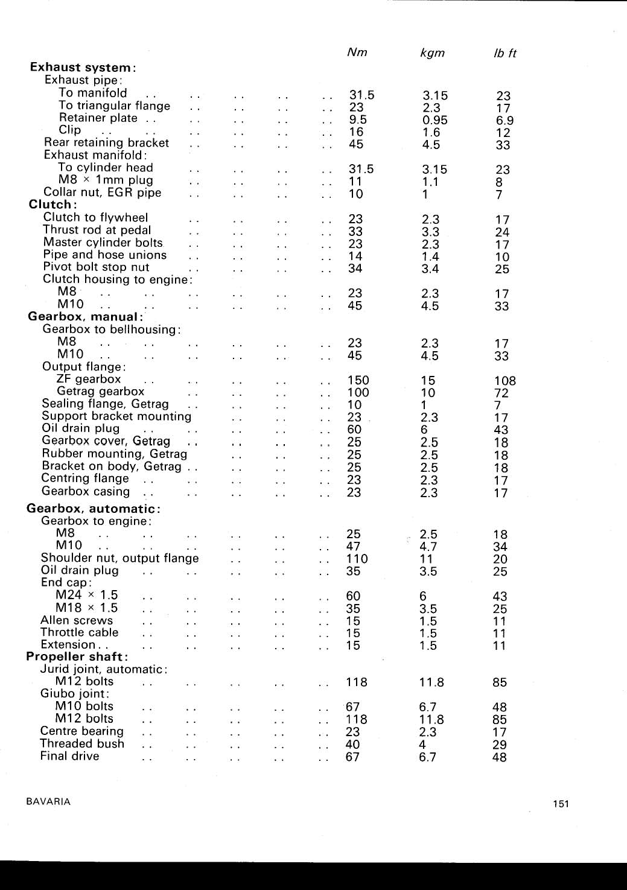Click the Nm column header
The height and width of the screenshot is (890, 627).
pos(357,52)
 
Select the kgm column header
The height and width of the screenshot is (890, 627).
pos(432,53)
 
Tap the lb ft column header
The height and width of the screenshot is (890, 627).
pos(504,53)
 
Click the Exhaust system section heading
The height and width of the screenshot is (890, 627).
pos(83,67)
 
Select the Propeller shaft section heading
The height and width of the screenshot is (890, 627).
pos(77,656)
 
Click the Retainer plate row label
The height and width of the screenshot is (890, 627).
pos(98,118)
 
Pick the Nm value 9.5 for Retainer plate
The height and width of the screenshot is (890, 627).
pos(358,119)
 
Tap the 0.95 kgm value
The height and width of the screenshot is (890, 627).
pos(434,120)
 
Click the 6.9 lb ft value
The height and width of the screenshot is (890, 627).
pos(504,121)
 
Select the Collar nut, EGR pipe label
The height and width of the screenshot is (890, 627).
pos(103,192)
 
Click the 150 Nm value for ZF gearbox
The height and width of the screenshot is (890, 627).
pos(358,380)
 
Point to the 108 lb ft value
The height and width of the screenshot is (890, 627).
pos(504,381)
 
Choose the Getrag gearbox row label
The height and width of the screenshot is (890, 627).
pos(101,392)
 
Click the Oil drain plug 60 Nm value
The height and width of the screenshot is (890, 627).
pos(354,430)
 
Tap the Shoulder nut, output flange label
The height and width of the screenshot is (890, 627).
pos(119,558)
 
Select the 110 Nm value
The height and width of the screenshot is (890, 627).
pos(357,559)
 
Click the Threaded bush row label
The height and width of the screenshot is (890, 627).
pos(82,744)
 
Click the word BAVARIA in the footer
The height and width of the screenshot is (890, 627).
pos(48,802)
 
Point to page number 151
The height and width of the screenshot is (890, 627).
pos(561,804)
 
